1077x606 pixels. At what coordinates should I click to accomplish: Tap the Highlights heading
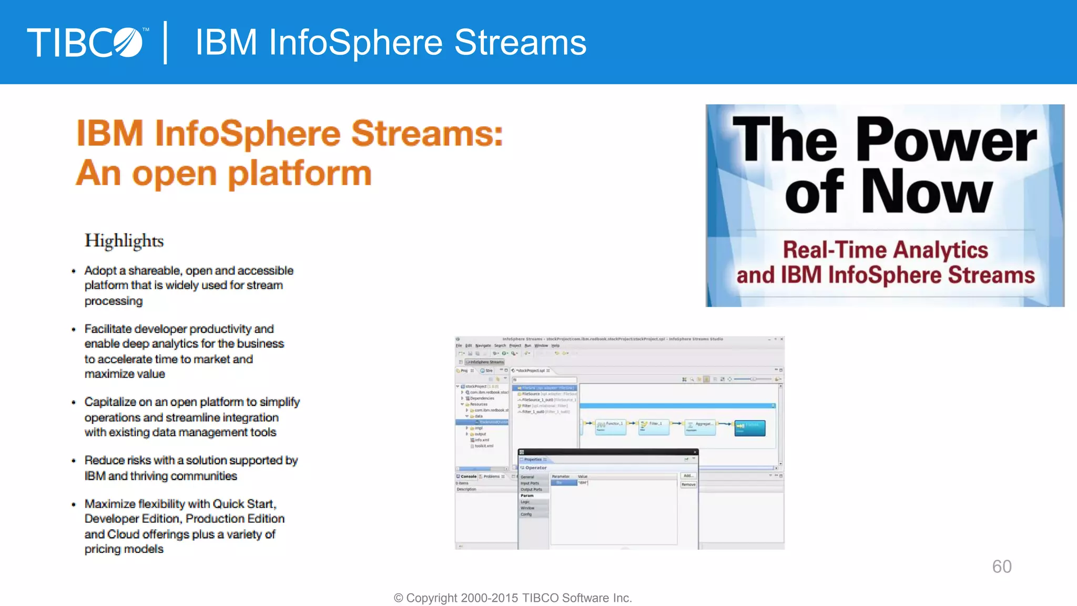pos(124,241)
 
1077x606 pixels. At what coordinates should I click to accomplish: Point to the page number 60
pos(1001,567)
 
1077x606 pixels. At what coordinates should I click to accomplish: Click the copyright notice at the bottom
pos(513,598)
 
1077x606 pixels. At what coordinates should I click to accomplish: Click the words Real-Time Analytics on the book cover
pos(885,250)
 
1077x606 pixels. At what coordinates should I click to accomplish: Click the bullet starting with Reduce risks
pos(191,468)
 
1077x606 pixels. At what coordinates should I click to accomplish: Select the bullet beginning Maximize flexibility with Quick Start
pos(184,526)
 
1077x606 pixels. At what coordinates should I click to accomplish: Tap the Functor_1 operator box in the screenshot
pos(611,427)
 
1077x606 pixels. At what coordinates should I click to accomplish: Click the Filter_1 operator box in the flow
pos(654,427)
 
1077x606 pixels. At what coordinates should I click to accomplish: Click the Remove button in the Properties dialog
pos(688,484)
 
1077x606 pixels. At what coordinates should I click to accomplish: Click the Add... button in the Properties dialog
pos(688,476)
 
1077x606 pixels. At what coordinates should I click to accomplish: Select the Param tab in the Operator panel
pos(527,496)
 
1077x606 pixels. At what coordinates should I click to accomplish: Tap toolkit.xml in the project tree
pos(483,446)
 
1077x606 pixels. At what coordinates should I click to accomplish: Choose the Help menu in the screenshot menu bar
pos(555,346)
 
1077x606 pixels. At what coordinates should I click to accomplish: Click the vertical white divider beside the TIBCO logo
pos(166,43)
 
